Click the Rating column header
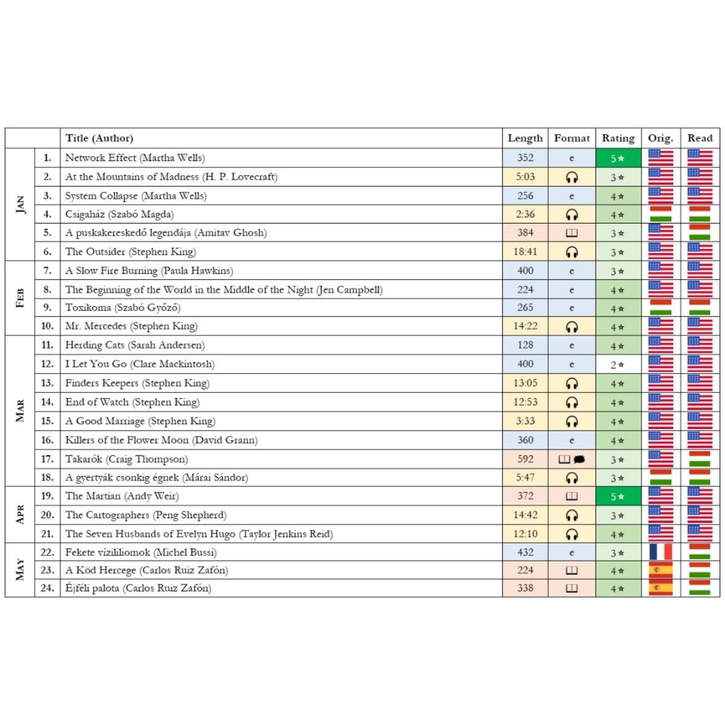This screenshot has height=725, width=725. click(618, 138)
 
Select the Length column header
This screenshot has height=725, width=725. click(525, 138)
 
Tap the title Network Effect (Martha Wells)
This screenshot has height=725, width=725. click(135, 158)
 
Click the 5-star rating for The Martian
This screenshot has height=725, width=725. click(617, 497)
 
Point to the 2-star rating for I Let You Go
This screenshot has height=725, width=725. click(617, 364)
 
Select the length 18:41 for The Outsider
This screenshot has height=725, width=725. click(525, 252)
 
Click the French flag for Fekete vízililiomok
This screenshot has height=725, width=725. click(660, 552)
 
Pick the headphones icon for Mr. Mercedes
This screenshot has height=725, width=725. click(572, 327)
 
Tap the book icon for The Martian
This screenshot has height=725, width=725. click(572, 497)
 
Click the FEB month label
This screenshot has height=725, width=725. click(20, 298)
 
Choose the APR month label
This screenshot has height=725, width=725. click(20, 515)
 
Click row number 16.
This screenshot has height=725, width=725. click(47, 440)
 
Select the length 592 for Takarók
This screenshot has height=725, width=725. click(525, 459)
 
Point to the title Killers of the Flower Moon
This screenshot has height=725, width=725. click(161, 440)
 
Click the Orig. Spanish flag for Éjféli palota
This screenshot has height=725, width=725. click(660, 588)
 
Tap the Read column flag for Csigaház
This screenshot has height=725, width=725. click(700, 214)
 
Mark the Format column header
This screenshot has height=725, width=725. click(572, 138)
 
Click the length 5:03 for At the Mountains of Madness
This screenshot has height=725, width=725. click(525, 177)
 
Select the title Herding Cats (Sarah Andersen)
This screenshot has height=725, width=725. click(135, 345)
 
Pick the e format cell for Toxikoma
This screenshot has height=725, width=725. click(572, 308)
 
